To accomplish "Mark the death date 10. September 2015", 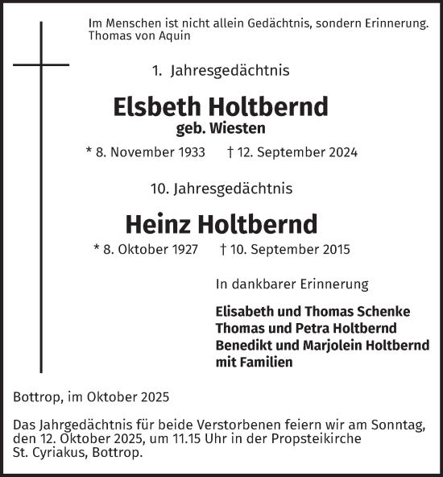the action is coord(285,250).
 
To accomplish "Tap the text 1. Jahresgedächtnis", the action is coord(220,71).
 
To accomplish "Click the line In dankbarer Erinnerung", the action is coord(292,284).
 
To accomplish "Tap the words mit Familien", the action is coord(254,362).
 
